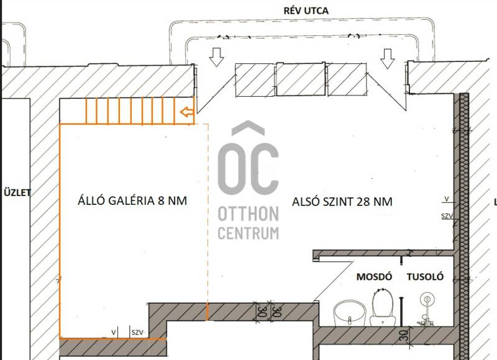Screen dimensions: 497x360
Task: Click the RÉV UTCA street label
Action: (306, 11)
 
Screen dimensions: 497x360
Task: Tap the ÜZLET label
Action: (17, 192)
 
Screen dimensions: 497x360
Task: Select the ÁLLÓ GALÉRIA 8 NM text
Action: (132, 200)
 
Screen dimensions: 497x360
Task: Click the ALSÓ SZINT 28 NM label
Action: (342, 201)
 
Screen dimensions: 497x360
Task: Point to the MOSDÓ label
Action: (375, 276)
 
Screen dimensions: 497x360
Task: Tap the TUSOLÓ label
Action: (426, 276)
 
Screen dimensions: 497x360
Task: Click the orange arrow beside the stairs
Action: (187, 112)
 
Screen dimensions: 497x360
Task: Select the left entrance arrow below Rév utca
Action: (217, 57)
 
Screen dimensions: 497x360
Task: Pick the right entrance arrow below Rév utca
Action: (387, 59)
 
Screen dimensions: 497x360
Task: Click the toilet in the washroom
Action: (383, 308)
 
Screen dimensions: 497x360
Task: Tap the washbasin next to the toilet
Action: (349, 313)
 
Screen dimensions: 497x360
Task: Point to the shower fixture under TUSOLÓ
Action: (426, 308)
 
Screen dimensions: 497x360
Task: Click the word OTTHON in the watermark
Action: (248, 214)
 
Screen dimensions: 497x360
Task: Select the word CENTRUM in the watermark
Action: (248, 233)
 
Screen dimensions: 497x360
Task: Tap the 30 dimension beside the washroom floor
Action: (404, 335)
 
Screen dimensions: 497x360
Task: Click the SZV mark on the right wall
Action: (447, 216)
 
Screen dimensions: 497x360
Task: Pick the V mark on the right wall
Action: (447, 199)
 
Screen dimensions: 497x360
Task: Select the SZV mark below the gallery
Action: (137, 333)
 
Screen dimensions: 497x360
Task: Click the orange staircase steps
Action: (130, 111)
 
